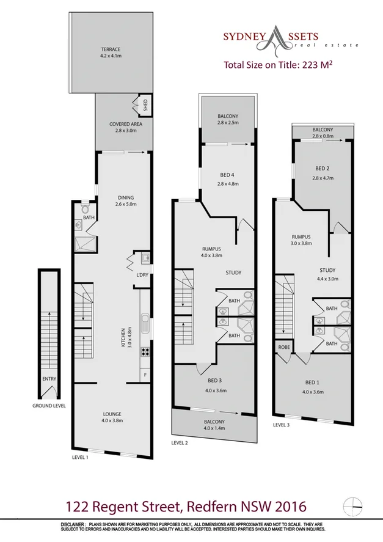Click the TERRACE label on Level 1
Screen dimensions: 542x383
[111, 49]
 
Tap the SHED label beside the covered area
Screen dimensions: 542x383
[145, 104]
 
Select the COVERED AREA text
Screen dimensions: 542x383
[125, 124]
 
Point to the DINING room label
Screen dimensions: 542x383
[125, 197]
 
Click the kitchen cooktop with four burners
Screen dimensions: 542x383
[145, 351]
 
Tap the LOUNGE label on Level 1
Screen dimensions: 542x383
[112, 413]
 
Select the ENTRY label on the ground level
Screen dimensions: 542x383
[49, 379]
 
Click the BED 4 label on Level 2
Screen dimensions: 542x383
[227, 175]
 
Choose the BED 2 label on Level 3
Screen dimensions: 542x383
[323, 169]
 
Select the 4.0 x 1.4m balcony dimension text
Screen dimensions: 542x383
[216, 428]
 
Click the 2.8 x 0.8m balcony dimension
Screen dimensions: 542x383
[323, 136]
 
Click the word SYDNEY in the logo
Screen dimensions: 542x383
[243, 37]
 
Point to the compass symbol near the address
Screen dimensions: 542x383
[352, 505]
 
